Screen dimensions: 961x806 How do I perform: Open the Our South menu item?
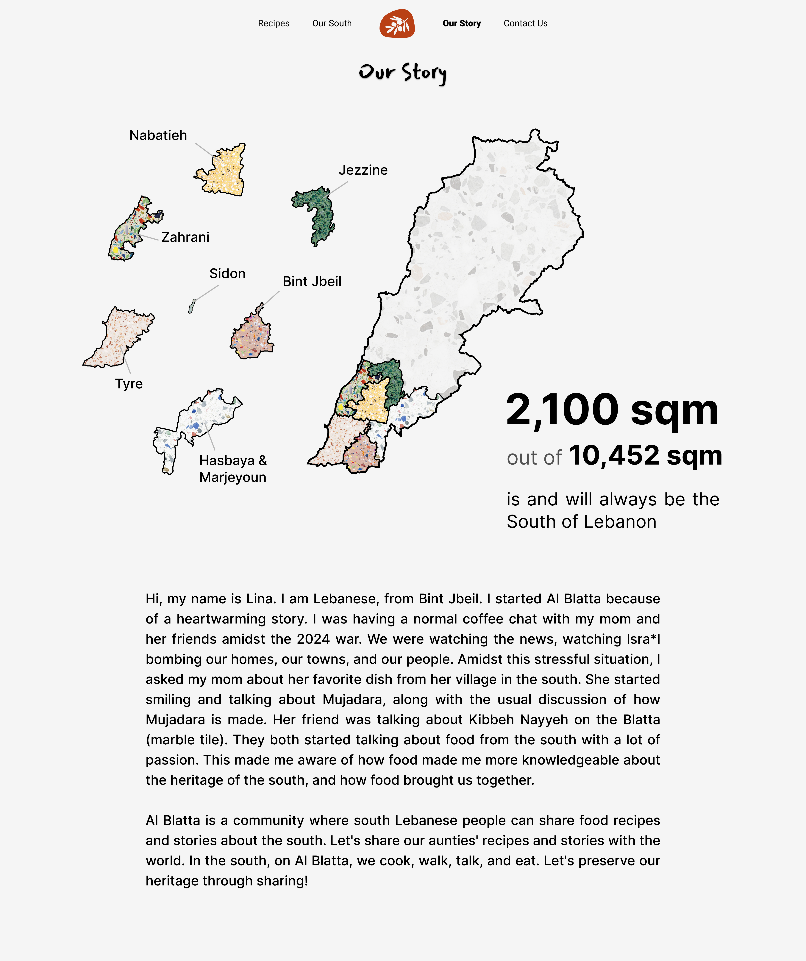332,23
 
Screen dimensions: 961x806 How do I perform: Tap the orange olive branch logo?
397,23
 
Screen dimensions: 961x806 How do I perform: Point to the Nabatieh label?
158,135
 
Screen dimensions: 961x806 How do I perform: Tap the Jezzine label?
363,170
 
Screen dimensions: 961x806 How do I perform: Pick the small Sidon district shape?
192,306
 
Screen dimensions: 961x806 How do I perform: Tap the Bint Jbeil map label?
312,282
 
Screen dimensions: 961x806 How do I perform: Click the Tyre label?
129,384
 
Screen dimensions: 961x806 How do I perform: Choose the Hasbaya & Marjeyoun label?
232,469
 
